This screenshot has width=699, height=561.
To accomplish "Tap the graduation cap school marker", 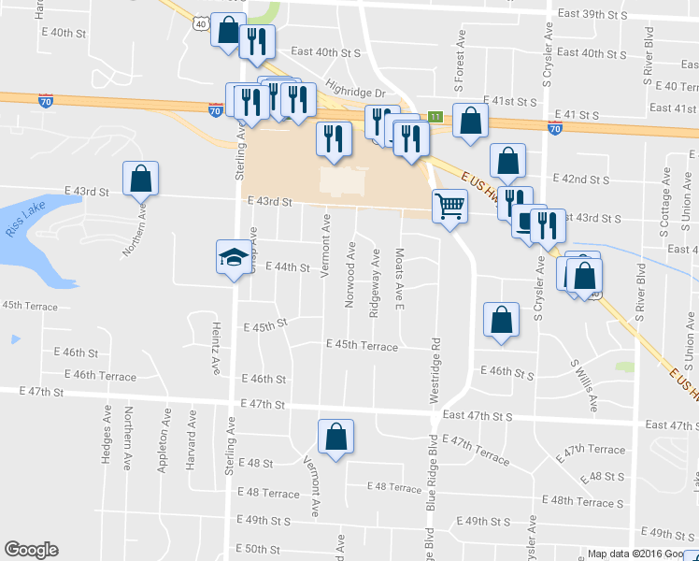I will pos(231,257).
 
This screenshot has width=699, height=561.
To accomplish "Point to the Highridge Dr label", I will pos(355,93).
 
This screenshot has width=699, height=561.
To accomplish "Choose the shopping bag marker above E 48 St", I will pos(335,436).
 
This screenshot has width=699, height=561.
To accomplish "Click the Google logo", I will pos(31,550).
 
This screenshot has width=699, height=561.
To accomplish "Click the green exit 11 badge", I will pos(435,117).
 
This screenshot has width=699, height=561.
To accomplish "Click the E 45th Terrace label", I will pos(362,346).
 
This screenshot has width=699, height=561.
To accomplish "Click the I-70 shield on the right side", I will pos(555,129).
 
